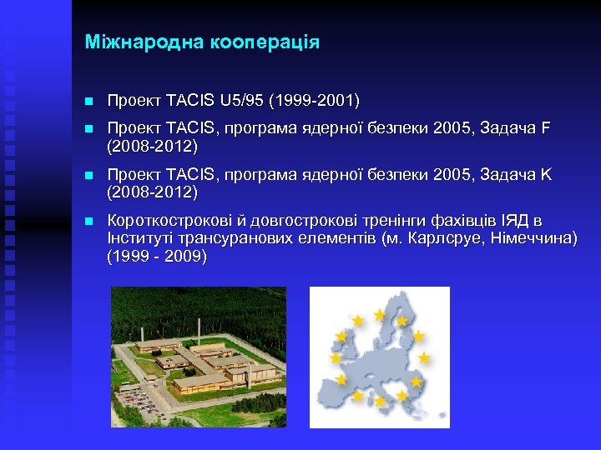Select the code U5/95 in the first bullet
240,101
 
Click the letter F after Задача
546,130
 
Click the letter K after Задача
547,176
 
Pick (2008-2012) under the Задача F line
152,147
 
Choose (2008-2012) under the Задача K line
152,192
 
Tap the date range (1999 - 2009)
157,257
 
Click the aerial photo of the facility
199,357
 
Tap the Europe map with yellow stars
380,357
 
